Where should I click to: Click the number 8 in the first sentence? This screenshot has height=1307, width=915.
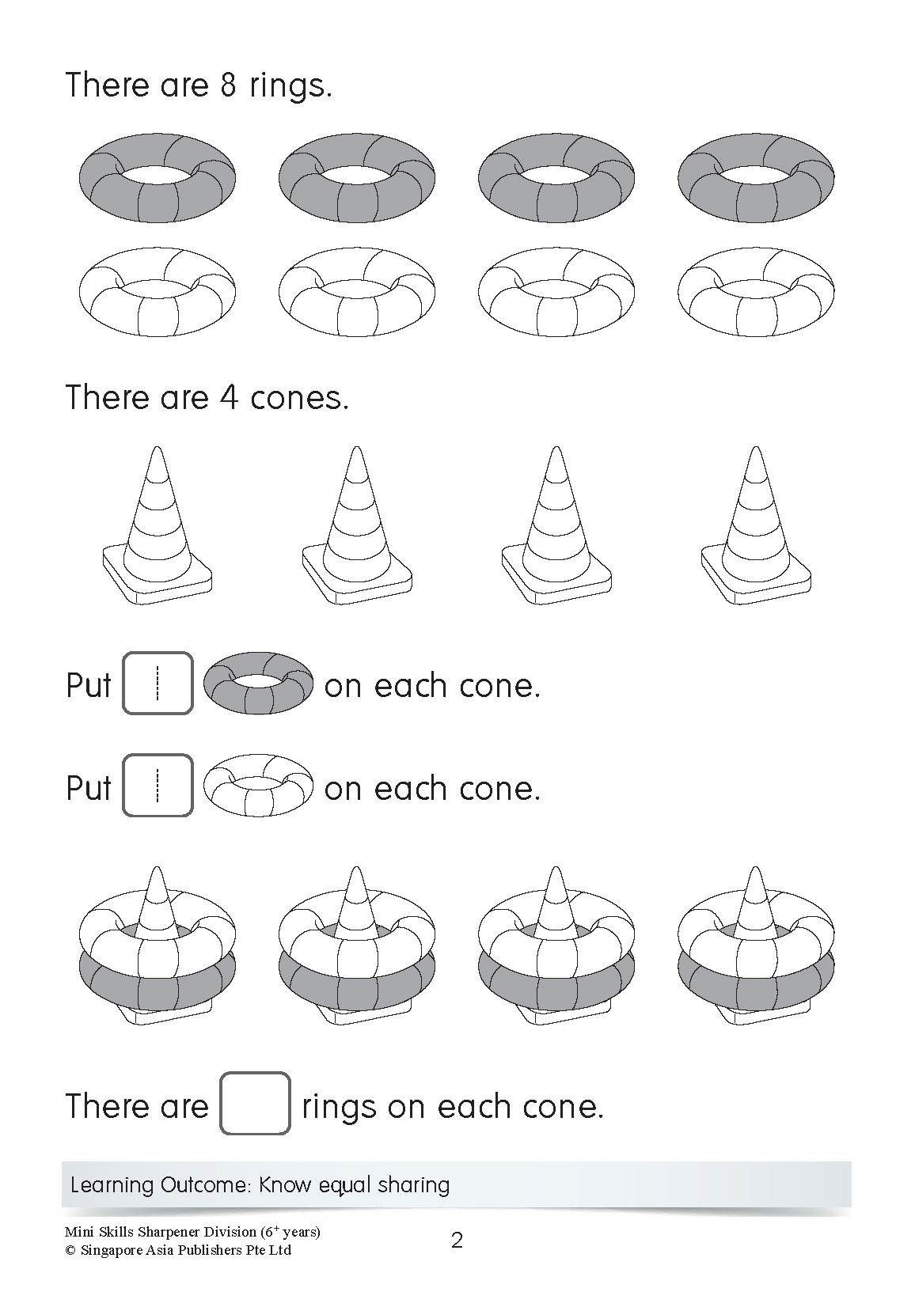228,85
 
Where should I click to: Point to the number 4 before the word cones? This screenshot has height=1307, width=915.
228,398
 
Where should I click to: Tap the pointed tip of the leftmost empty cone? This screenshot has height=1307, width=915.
157,448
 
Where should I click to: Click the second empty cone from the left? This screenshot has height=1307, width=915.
357,525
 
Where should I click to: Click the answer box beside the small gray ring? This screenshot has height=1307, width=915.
158,684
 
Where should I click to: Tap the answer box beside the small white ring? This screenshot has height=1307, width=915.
158,786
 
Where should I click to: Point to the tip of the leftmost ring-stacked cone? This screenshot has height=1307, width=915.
157,868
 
